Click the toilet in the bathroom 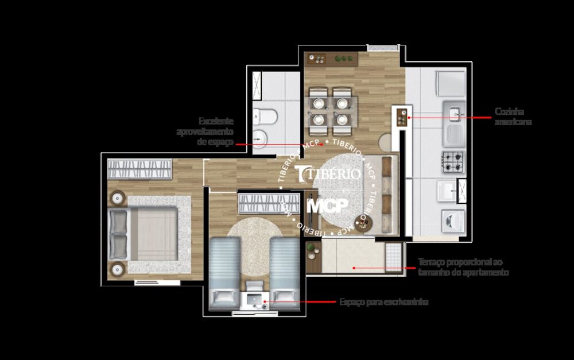pos(265,116)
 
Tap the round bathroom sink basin pos(260,137)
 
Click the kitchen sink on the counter pos(453,114)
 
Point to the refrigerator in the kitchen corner pos(449,83)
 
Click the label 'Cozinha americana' pos(513,117)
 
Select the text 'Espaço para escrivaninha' pos(383,302)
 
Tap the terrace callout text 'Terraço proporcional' pos(463,267)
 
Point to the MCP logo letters pos(327,206)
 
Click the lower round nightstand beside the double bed pos(118,268)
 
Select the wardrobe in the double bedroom pos(139,170)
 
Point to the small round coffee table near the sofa pos(362,222)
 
